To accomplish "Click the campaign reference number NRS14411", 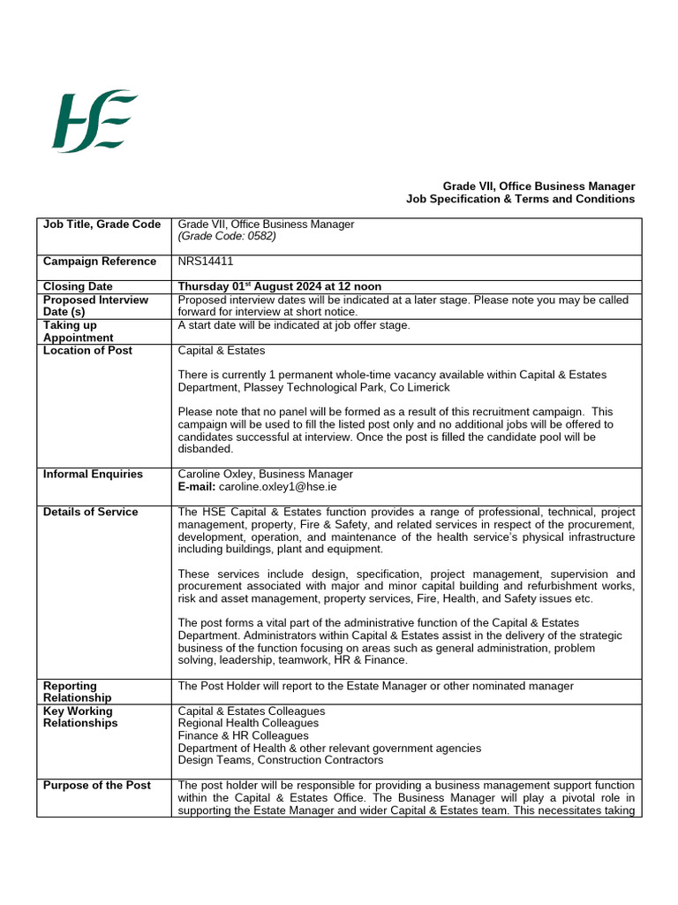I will [x=206, y=262].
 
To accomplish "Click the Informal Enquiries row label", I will [x=93, y=475].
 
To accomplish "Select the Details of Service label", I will [x=91, y=512].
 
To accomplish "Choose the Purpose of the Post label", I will [x=97, y=786].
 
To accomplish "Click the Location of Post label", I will [x=87, y=351].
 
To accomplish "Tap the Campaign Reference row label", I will [x=100, y=262].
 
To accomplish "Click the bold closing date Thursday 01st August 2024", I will [x=279, y=286].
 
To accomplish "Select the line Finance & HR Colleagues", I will [x=243, y=735].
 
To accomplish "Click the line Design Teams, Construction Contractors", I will [x=281, y=760].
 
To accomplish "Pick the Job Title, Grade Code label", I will [x=102, y=224].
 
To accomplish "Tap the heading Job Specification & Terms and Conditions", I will [x=520, y=199].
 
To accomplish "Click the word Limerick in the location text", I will [x=427, y=388].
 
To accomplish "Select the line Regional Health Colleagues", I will [x=248, y=723].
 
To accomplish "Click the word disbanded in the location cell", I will [x=205, y=449].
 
